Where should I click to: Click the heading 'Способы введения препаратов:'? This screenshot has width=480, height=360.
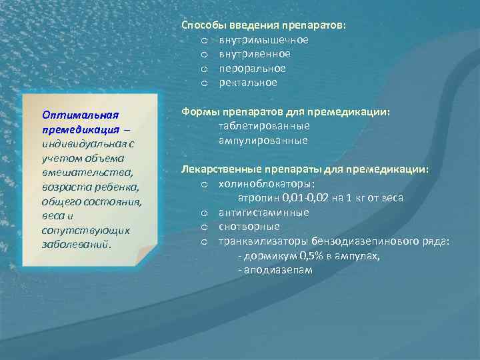(264, 25)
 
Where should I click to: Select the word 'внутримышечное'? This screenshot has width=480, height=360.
(264, 40)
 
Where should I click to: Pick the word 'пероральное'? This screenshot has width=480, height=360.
(253, 69)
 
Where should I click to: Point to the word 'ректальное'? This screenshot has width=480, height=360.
(248, 83)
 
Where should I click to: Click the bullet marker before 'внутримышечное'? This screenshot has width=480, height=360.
(205, 40)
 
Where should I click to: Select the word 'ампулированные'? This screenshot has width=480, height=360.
(263, 141)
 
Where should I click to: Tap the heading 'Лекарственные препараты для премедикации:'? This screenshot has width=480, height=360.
(305, 169)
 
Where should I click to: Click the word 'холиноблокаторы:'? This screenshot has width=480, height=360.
(267, 184)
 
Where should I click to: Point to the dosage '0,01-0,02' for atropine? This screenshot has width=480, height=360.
(303, 199)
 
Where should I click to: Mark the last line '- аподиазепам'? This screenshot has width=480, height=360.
(275, 271)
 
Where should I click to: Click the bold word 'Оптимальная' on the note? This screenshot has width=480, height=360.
(80, 113)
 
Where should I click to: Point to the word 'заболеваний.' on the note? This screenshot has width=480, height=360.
(78, 243)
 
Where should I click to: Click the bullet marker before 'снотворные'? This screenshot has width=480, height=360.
(205, 227)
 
